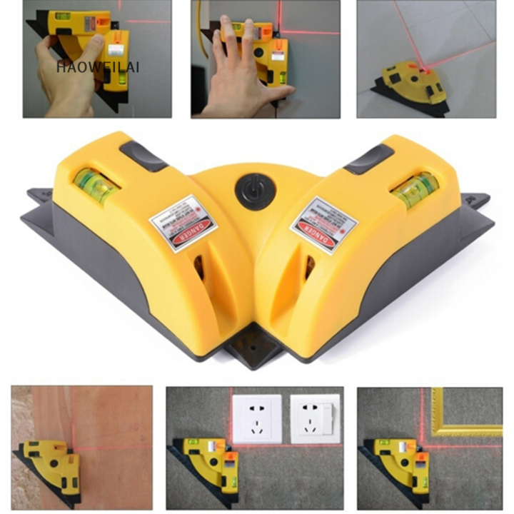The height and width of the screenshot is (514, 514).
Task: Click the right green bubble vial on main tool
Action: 415,188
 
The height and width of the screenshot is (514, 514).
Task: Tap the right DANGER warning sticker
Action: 323,225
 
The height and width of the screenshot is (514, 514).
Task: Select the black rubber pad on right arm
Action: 369,158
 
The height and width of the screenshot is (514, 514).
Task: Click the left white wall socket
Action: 256,417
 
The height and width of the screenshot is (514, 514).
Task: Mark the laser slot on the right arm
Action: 310,268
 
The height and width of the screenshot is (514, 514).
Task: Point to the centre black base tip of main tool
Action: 256,350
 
